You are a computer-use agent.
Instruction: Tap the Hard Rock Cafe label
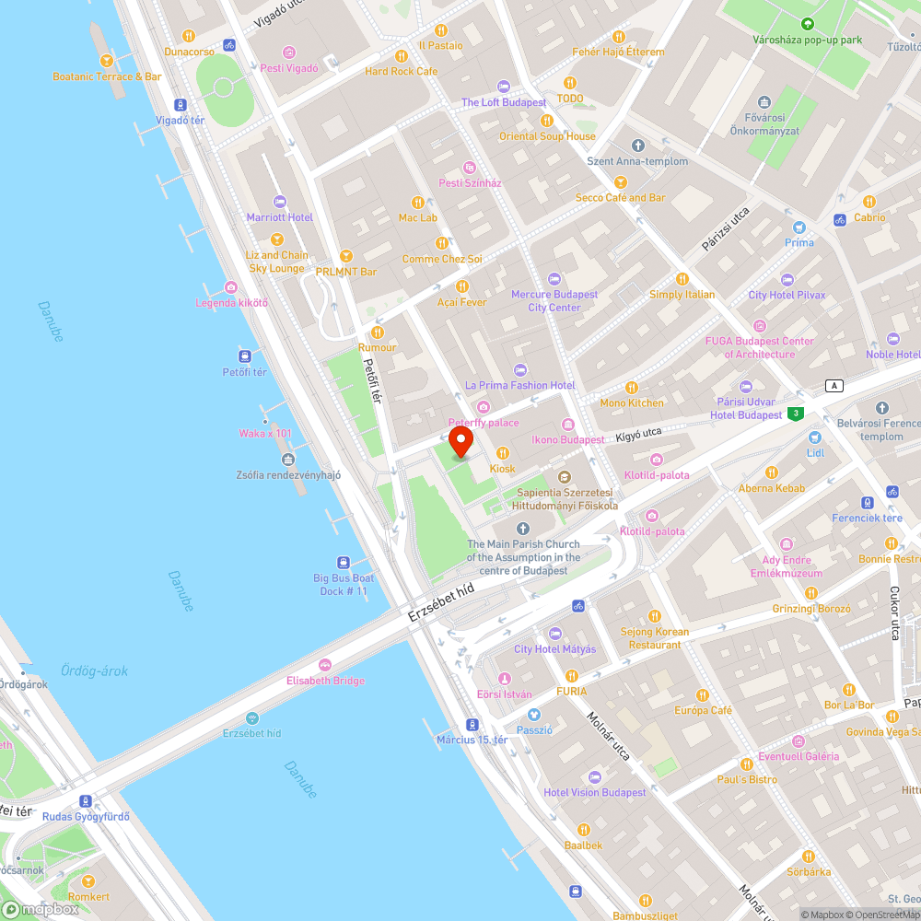402,71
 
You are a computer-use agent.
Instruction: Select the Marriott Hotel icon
280,202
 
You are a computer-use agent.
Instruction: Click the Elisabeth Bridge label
325,681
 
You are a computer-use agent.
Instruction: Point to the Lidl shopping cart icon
814,437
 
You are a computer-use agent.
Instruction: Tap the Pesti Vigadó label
289,67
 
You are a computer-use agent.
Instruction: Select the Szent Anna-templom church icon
638,146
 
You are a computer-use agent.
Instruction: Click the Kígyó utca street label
640,432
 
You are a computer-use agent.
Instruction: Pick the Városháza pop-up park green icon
808,24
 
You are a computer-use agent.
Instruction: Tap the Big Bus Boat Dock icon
343,562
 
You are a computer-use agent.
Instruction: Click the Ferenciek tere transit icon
867,503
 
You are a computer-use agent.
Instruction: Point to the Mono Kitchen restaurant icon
632,388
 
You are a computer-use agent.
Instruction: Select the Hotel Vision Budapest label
595,792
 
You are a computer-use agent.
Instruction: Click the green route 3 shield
796,414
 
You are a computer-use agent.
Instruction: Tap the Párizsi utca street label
725,230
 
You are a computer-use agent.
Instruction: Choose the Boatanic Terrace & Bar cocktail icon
107,61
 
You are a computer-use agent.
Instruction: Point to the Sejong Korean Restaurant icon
655,616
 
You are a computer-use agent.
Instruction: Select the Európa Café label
703,710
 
